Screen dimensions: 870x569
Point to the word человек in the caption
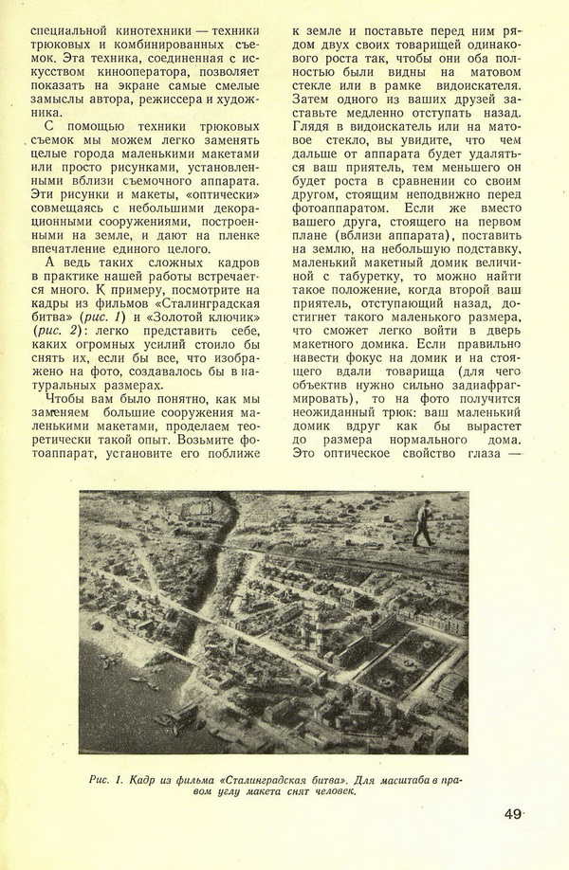pyautogui.click(x=325, y=793)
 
